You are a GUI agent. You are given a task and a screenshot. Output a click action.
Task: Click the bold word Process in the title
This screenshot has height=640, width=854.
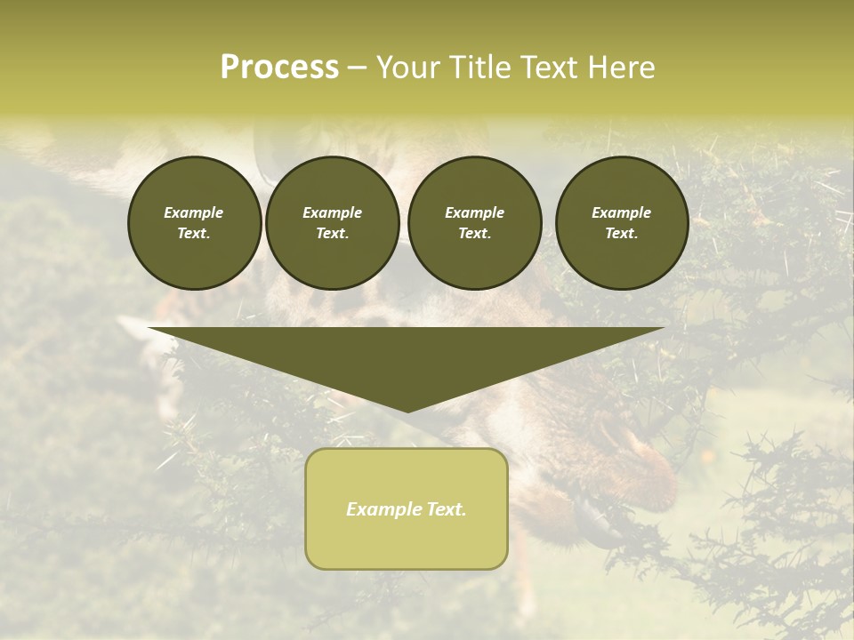pyautogui.click(x=279, y=68)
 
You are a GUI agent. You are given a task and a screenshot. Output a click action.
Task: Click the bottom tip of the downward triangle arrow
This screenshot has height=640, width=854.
pyautogui.click(x=407, y=410)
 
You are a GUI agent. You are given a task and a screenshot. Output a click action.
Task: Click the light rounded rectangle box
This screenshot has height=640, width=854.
pyautogui.click(x=407, y=542)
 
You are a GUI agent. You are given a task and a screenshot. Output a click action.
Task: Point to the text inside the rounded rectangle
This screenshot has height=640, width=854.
pyautogui.click(x=407, y=509)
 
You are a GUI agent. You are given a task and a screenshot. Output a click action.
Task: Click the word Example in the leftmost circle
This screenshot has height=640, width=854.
pyautogui.click(x=194, y=212)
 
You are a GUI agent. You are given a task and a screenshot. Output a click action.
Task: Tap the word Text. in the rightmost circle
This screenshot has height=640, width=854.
pyautogui.click(x=622, y=234)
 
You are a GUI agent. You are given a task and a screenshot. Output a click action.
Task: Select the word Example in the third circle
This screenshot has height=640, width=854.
pyautogui.click(x=474, y=212)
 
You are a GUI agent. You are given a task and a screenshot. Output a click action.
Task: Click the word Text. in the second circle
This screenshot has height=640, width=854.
pyautogui.click(x=332, y=234)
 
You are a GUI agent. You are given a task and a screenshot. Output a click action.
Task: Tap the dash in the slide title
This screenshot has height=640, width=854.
pyautogui.click(x=358, y=68)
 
